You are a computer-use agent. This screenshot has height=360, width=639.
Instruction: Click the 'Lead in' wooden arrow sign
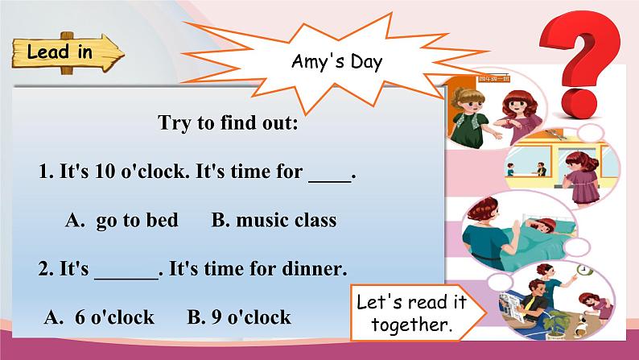[68, 54]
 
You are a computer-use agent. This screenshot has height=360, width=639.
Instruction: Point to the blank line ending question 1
[330, 173]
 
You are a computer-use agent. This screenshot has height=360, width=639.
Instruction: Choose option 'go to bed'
[137, 220]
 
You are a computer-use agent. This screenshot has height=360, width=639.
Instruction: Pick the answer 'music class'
[285, 220]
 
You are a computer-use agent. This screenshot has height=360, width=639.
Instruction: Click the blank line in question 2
[127, 269]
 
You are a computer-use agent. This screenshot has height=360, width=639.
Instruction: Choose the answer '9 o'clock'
[250, 317]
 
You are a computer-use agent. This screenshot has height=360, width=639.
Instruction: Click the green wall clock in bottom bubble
[578, 270]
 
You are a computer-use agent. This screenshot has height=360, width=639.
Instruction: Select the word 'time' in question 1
[241, 172]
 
